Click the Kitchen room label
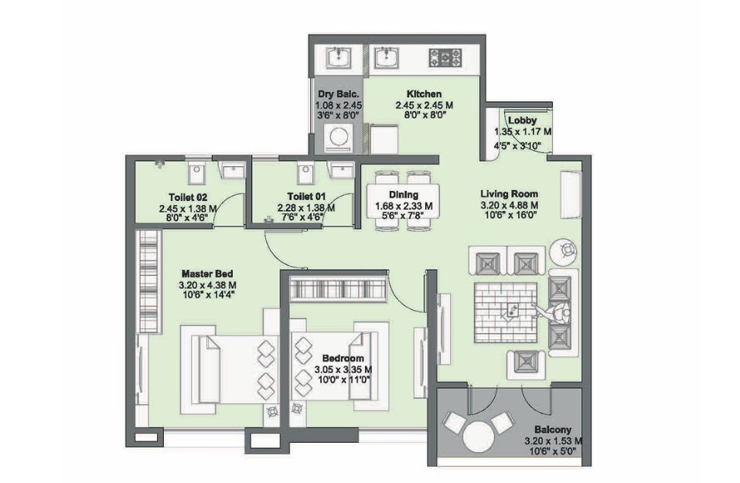coord(425,94)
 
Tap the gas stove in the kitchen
coord(445,57)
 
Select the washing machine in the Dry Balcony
coord(339,138)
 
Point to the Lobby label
coord(523,121)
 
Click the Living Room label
coord(510,193)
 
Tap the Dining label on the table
coord(404,194)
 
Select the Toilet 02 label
coord(188,197)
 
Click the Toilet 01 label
coord(306,196)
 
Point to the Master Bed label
coord(207,274)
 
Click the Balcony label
coord(553,430)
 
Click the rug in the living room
coord(506,313)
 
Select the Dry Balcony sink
coord(339,58)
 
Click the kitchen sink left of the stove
coord(387,58)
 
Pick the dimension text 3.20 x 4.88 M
coord(510,206)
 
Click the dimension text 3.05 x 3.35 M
coord(343,370)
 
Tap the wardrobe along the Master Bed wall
coord(148,281)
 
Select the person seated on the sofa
coord(556,311)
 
